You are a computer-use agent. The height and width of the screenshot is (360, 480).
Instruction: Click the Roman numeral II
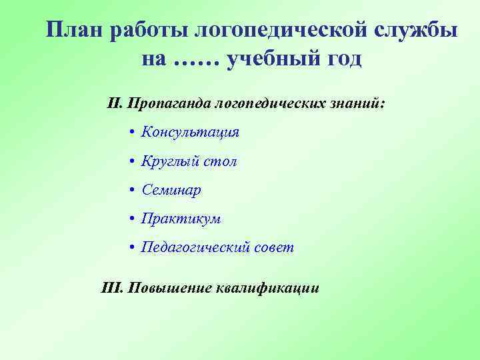[x=114, y=104]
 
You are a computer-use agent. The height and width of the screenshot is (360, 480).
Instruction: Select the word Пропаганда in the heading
[x=168, y=104]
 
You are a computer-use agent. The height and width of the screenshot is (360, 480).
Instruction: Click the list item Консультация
[x=190, y=132]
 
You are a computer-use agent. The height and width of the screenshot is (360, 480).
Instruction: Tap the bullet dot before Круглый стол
[x=133, y=161]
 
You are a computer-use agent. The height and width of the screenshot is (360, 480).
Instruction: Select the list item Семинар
[x=171, y=190]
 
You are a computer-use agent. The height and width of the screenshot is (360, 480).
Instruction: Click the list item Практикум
[x=181, y=219]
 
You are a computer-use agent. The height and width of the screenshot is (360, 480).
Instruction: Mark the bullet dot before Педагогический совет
[x=133, y=248]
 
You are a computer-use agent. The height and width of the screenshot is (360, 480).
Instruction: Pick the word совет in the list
[x=273, y=248]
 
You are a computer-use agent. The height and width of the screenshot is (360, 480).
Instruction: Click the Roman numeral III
[x=109, y=288]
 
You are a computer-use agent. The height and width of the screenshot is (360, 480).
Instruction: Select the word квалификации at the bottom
[x=267, y=288]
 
